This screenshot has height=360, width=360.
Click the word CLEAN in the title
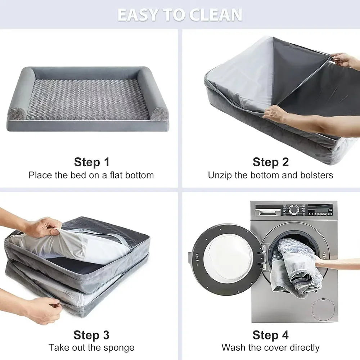tap(215, 15)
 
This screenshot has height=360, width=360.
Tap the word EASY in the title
tap(138, 15)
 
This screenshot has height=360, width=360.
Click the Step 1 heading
tap(91, 162)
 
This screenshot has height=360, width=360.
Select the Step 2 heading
tap(271, 162)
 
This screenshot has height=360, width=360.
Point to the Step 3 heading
tap(91, 335)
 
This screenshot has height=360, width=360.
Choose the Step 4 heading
tap(270, 335)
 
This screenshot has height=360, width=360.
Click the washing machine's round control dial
tap(294, 210)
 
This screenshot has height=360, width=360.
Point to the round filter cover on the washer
tap(323, 310)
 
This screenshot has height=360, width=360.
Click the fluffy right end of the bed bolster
tap(159, 114)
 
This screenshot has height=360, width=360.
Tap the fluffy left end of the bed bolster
tap(17, 113)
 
